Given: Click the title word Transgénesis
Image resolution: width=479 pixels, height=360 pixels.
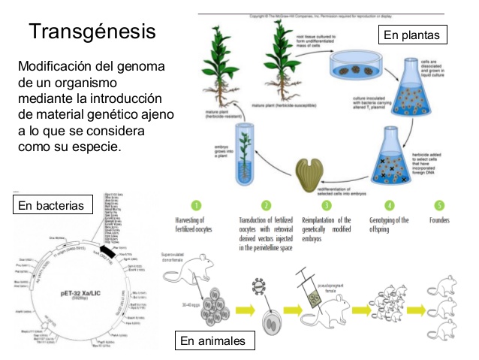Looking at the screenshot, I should (93, 32).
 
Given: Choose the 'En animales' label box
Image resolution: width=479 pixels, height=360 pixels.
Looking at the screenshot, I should (212, 341).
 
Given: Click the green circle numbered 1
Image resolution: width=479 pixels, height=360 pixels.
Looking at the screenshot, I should (197, 204).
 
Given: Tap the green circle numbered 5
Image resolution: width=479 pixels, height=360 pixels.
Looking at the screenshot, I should (438, 204).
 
